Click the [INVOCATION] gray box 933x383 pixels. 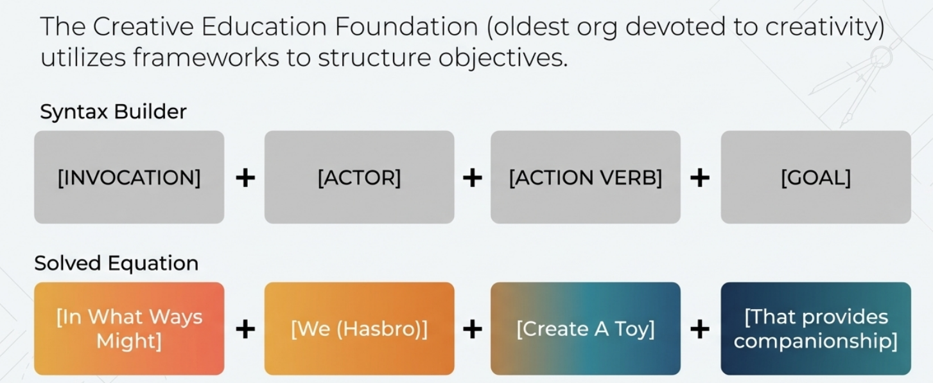[x=129, y=177]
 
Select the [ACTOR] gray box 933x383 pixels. [x=359, y=177]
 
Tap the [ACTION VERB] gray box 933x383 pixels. [x=585, y=177]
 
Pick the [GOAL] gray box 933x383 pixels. [x=815, y=177]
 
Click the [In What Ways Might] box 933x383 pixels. [x=129, y=328]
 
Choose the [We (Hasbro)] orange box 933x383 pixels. [x=359, y=328]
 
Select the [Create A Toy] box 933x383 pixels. [x=585, y=328]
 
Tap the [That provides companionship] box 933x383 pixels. [x=815, y=328]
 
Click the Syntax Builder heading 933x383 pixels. [x=113, y=112]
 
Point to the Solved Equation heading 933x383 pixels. [x=116, y=263]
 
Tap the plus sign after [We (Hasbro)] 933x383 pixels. [x=472, y=329]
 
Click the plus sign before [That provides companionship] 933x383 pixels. [x=700, y=329]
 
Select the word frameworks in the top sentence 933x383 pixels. [x=206, y=58]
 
